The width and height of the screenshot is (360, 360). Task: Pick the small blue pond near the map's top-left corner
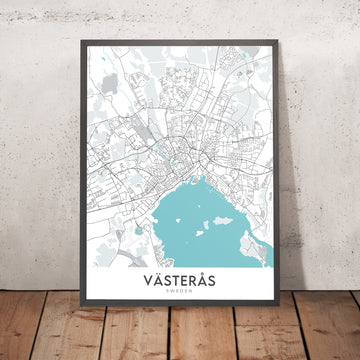point(96,68)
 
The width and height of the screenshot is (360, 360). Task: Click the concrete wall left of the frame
point(35,150)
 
